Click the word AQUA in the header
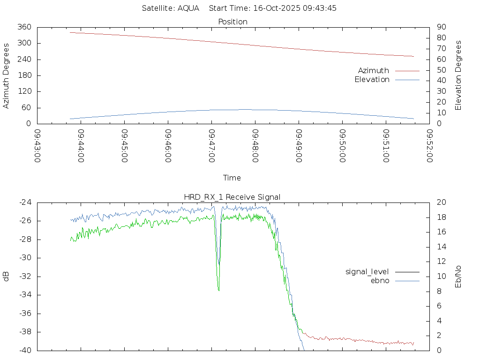click(188, 8)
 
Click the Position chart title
click(233, 22)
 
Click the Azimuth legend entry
click(374, 70)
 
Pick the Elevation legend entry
click(372, 80)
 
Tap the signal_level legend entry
click(367, 271)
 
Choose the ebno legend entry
click(380, 280)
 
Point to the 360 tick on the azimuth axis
click(24, 27)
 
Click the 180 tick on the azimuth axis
click(24, 75)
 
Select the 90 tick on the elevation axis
click(440, 27)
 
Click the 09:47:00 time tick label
click(212, 146)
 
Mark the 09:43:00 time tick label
click(37, 146)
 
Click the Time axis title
click(232, 178)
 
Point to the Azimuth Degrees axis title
click(6, 75)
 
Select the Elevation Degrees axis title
click(458, 75)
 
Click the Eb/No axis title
click(458, 276)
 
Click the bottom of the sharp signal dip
click(218, 291)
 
